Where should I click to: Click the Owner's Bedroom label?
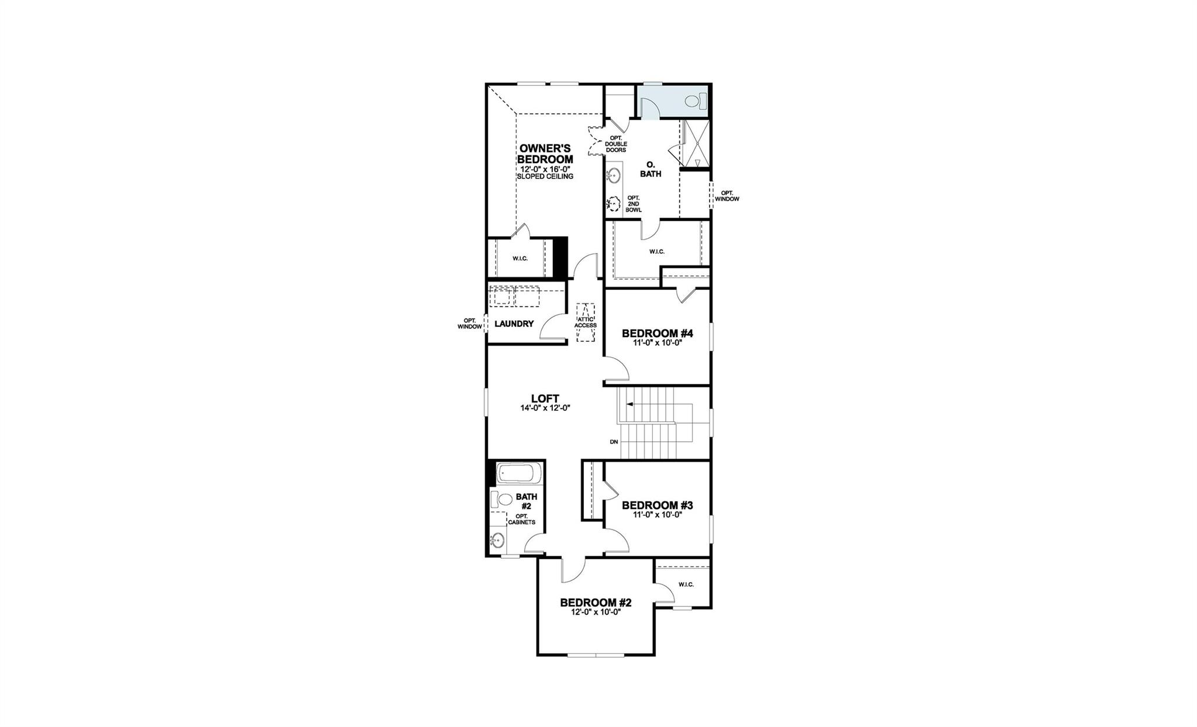tap(546, 154)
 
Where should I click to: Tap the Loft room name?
tap(545, 399)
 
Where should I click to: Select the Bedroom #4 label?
tap(657, 334)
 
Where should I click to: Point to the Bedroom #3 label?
tap(657, 505)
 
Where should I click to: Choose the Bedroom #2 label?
tap(596, 603)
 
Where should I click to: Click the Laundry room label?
tap(514, 324)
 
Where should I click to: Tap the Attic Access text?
tap(585, 322)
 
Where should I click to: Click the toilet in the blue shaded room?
tap(693, 101)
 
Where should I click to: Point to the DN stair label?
tap(614, 442)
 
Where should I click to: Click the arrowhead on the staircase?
tap(629, 404)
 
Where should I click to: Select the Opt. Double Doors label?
tap(616, 144)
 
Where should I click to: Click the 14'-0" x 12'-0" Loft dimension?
tap(545, 408)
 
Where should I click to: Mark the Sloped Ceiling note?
tap(546, 176)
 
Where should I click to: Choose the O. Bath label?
tap(650, 169)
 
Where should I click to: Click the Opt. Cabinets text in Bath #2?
tap(521, 520)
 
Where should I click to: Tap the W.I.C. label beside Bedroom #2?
tap(686, 584)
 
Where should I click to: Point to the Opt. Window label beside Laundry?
tap(469, 324)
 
